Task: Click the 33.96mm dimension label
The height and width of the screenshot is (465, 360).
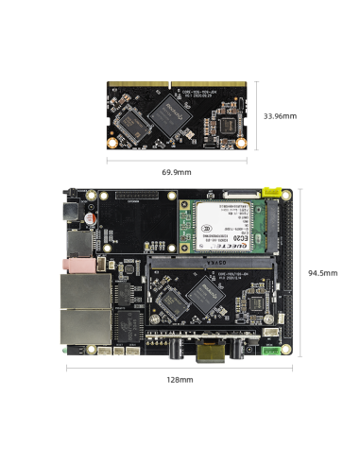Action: [x=281, y=115]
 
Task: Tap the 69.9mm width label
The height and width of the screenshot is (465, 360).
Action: [x=176, y=172]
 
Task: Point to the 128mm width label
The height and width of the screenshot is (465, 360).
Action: [x=180, y=379]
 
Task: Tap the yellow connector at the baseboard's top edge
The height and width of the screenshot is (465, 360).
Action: [x=271, y=191]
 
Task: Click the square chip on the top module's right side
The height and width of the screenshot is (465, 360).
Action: [x=227, y=125]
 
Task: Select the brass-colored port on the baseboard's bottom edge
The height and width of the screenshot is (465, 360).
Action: [x=209, y=355]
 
